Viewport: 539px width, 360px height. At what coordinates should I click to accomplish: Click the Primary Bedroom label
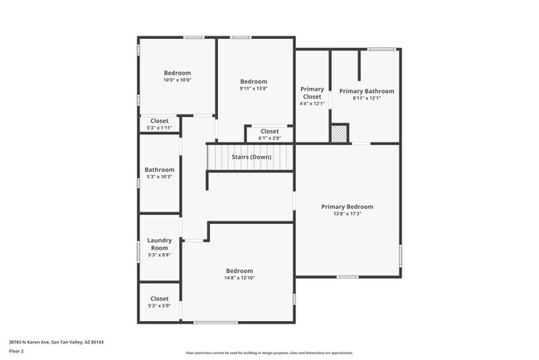(347, 207)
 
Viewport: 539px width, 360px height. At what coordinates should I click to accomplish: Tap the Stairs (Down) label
(250, 157)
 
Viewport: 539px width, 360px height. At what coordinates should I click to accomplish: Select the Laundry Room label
(159, 244)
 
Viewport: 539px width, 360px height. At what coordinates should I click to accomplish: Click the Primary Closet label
(312, 93)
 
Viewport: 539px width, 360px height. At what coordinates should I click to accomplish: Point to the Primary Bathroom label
(367, 91)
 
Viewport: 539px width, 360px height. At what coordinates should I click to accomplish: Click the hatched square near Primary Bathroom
(338, 134)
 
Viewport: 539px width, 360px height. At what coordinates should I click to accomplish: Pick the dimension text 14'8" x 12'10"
(240, 278)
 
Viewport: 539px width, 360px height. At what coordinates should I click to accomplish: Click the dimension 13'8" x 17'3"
(347, 214)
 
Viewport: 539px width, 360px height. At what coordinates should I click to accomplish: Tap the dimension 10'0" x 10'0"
(177, 80)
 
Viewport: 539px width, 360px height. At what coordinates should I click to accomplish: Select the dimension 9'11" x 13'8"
(254, 89)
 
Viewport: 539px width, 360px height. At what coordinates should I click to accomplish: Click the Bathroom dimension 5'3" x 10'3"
(159, 177)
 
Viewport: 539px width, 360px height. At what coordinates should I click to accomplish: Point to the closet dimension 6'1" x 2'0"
(269, 139)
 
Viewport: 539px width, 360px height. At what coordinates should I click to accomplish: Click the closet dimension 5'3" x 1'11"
(159, 128)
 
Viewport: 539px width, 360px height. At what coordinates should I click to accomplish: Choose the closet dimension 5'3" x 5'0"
(159, 306)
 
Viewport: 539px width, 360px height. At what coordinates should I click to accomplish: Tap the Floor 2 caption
(17, 352)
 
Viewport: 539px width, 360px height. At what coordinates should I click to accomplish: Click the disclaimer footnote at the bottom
(269, 352)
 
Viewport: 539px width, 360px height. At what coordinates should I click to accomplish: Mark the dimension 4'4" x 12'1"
(312, 104)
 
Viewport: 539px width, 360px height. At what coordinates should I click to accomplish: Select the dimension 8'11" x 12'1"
(367, 99)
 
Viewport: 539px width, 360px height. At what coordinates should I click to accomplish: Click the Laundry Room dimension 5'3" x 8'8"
(159, 255)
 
